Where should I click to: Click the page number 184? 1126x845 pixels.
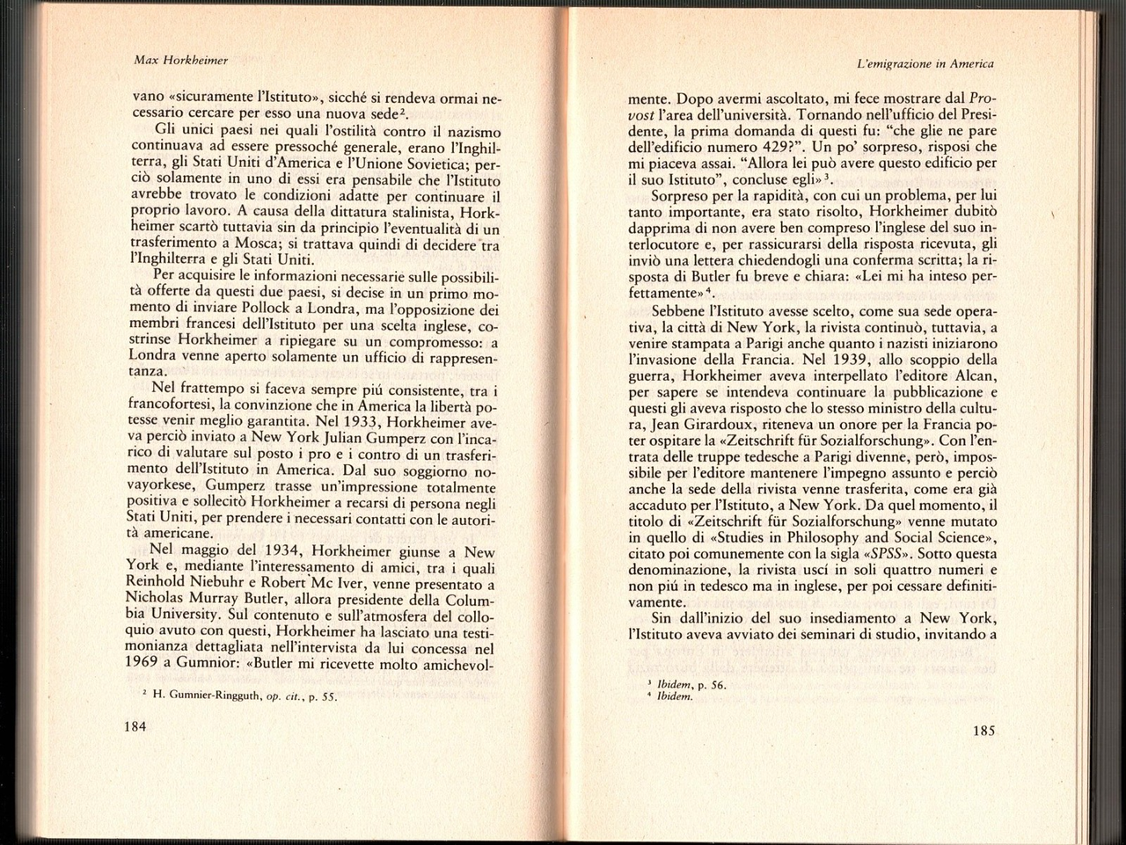click(135, 726)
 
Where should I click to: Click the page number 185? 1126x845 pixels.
click(983, 730)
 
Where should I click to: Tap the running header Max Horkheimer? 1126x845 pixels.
click(180, 60)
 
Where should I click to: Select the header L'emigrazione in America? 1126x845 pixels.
click(925, 63)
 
